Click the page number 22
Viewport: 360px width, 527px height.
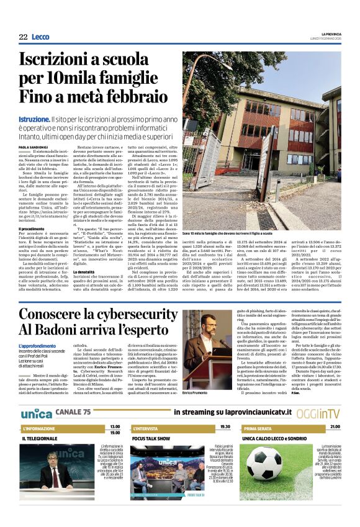click(x=23, y=37)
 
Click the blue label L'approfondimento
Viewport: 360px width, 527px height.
click(x=38, y=345)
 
